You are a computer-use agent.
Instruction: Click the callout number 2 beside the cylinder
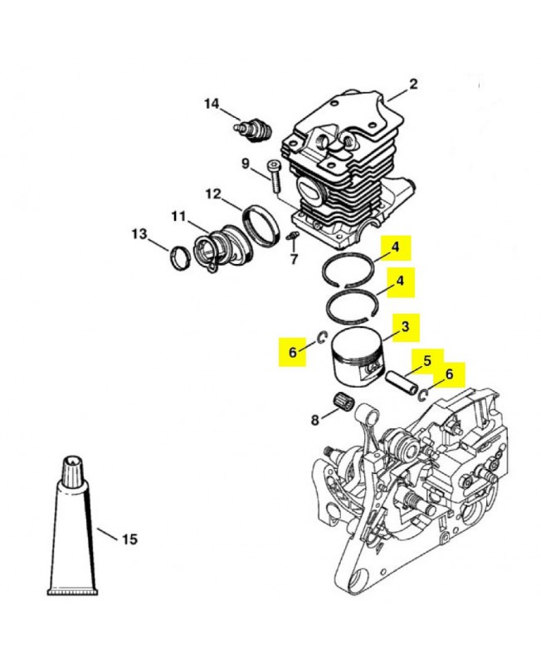412,84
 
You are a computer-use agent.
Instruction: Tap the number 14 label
212,104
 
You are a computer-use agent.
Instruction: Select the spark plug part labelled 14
253,129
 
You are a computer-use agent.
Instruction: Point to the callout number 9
246,163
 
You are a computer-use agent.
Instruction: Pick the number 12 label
213,194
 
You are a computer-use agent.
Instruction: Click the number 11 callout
178,217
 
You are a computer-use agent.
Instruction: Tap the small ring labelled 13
180,259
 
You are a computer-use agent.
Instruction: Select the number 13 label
139,234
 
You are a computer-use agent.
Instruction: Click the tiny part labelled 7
292,237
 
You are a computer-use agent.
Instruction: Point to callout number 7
294,258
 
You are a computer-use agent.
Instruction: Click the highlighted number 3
405,327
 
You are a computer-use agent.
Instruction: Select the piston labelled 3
358,355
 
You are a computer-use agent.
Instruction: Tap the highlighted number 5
427,361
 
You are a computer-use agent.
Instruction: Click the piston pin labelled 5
402,383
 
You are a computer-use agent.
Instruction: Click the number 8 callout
315,420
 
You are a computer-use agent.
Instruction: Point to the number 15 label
129,539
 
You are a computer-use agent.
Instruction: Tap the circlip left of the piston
323,338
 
